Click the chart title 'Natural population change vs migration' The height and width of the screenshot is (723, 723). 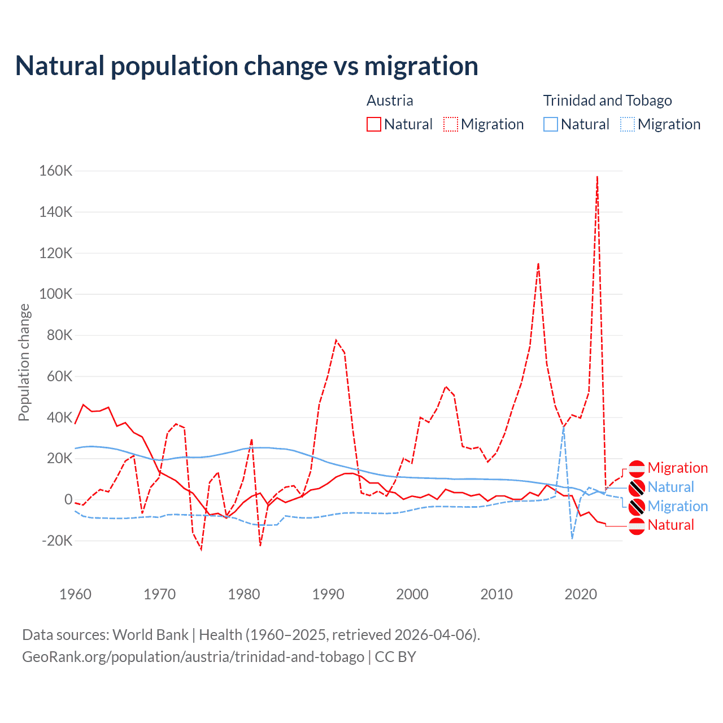click(247, 66)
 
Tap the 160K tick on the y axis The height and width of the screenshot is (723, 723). click(56, 171)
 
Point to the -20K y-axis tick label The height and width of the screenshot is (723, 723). click(57, 541)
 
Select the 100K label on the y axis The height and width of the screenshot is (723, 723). click(56, 294)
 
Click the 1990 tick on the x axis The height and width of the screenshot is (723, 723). click(328, 594)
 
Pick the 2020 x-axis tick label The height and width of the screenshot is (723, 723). click(581, 594)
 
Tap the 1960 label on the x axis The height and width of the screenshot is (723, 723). click(75, 594)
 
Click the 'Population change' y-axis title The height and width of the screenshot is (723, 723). click(24, 362)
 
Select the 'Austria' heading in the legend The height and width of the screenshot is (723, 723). click(390, 101)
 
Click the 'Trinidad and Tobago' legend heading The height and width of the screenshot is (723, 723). click(607, 101)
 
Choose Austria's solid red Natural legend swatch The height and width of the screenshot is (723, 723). click(374, 124)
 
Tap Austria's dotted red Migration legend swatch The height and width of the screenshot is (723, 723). click(451, 124)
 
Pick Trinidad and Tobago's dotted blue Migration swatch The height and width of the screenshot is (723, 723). click(628, 124)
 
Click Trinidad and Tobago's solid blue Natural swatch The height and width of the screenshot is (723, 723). click(551, 124)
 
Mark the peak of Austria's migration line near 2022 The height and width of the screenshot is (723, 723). click(597, 177)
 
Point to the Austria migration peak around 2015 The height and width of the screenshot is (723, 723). click(538, 263)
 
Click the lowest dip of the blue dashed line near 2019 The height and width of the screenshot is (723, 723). click(572, 538)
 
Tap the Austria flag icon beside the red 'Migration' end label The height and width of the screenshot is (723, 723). click(637, 468)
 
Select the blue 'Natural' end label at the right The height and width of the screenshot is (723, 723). click(670, 487)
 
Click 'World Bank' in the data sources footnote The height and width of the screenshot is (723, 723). click(150, 635)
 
